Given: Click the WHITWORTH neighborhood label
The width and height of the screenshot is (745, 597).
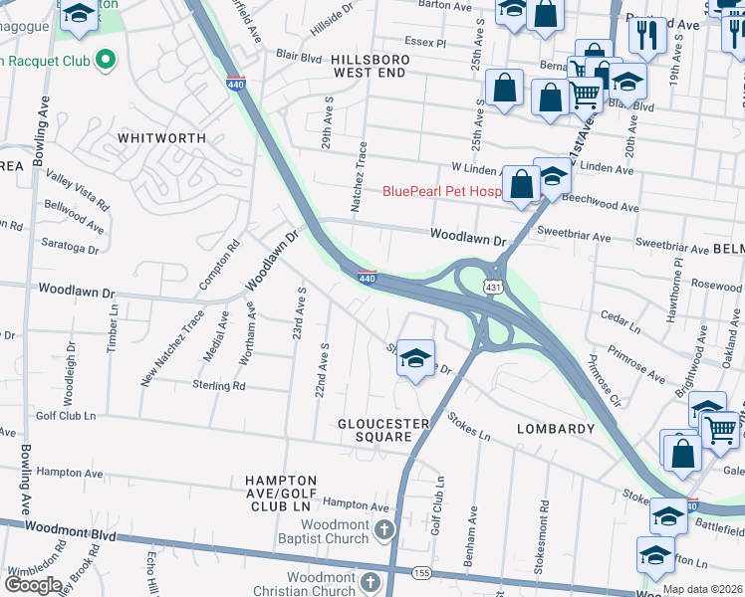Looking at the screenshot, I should tap(161, 138).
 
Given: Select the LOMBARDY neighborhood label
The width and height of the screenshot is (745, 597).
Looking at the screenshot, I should tap(556, 429).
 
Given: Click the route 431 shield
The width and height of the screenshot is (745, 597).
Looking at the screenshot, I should tap(492, 287).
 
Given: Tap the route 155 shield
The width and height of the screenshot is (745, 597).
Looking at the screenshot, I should tap(421, 574).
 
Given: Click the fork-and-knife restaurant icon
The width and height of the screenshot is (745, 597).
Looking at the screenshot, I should tap(647, 36).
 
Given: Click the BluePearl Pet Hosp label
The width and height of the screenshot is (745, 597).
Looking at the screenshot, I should tap(440, 191).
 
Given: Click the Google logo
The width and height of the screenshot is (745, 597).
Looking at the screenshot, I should tap(34, 584).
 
